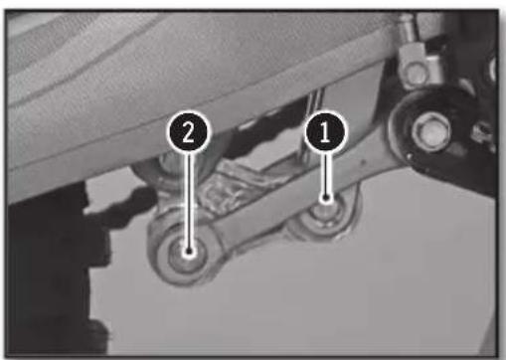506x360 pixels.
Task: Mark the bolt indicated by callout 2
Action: coord(188,252)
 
